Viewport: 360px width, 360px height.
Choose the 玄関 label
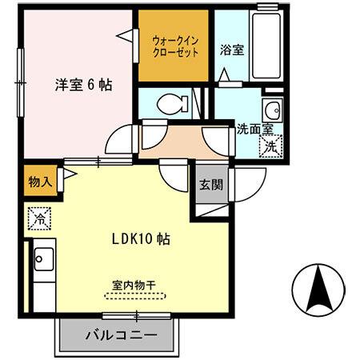(x=211, y=186)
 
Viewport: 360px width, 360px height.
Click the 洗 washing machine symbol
(x=271, y=146)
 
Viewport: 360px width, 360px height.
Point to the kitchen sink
(x=42, y=261)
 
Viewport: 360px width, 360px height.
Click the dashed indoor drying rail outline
(x=134, y=294)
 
